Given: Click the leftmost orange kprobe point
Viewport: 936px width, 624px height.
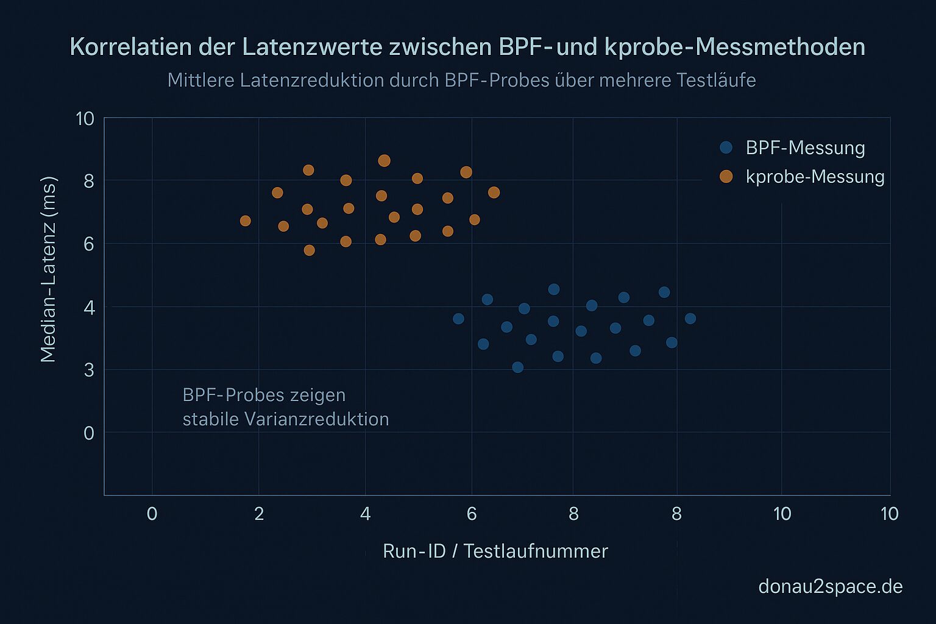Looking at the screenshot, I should pyautogui.click(x=245, y=221).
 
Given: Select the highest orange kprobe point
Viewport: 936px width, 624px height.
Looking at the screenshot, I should pyautogui.click(x=384, y=161).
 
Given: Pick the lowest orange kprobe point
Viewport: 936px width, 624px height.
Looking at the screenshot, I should pyautogui.click(x=309, y=250).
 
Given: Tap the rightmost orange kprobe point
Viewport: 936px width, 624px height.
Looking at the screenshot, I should pyautogui.click(x=494, y=193).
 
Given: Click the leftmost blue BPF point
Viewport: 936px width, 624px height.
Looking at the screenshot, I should pyautogui.click(x=458, y=319).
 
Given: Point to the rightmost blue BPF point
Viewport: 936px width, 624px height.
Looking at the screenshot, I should pyautogui.click(x=690, y=319).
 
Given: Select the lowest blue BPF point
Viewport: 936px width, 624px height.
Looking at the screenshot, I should pyautogui.click(x=517, y=367).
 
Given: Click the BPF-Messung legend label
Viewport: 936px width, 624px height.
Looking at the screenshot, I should pyautogui.click(x=805, y=148).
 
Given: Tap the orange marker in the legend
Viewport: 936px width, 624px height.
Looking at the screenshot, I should pyautogui.click(x=726, y=177).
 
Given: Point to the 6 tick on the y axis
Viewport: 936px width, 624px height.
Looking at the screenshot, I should pyautogui.click(x=89, y=244).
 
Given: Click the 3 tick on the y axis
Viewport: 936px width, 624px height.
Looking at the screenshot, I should pyautogui.click(x=89, y=370).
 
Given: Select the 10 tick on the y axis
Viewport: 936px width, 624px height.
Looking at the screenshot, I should pyautogui.click(x=85, y=119).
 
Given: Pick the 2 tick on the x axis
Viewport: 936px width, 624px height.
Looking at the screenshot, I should pyautogui.click(x=259, y=514).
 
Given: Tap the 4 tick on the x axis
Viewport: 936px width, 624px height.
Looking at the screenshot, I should pyautogui.click(x=365, y=514).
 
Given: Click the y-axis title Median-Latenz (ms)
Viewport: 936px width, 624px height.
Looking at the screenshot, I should pyautogui.click(x=48, y=269).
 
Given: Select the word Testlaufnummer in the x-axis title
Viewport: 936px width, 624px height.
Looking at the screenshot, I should pyautogui.click(x=536, y=551).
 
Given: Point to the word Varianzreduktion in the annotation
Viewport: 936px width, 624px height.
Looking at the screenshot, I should pyautogui.click(x=316, y=419).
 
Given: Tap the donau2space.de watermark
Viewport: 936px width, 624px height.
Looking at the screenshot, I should pyautogui.click(x=830, y=586).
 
